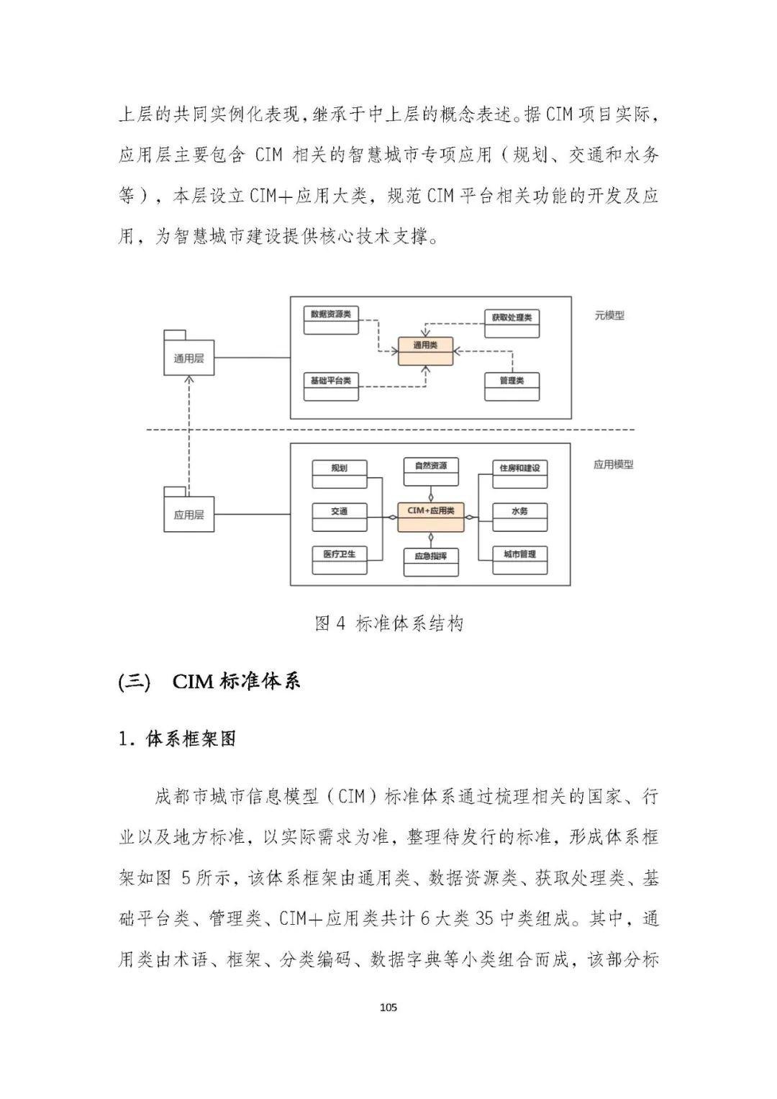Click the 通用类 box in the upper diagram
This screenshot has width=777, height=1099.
426,350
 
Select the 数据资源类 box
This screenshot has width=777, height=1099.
331,320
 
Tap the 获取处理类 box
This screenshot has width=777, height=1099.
512,323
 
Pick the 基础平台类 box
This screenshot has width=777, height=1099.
331,386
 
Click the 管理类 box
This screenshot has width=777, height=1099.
512,386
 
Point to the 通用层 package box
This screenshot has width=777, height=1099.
188,358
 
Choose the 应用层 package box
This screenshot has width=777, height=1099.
188,514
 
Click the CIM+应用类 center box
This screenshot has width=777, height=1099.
430,516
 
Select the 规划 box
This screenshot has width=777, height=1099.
339,474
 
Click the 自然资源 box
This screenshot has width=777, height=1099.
430,471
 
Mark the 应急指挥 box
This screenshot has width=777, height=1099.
430,561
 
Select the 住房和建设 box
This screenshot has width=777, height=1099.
519,474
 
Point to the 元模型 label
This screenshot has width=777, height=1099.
609,315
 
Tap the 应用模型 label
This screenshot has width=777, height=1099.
613,464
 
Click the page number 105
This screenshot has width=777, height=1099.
388,1007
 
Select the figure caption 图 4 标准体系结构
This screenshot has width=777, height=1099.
388,623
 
